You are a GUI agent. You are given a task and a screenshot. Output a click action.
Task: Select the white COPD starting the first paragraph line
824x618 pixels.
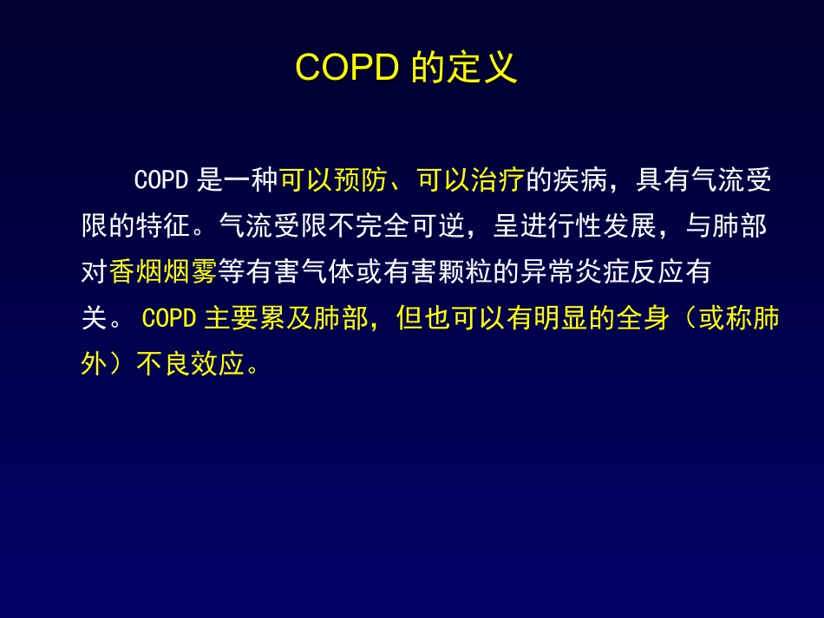pyautogui.click(x=161, y=181)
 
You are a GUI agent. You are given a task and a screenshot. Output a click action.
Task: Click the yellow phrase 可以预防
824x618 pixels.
pyautogui.click(x=334, y=181)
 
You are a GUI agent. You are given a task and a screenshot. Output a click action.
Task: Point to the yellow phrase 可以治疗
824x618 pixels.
pyautogui.click(x=471, y=181)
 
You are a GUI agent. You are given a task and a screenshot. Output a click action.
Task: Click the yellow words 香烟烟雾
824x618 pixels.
pyautogui.click(x=163, y=273)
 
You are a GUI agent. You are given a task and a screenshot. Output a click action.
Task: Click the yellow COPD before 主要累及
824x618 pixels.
pyautogui.click(x=168, y=319)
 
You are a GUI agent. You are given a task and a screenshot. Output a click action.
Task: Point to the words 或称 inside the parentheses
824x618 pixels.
pyautogui.click(x=726, y=319)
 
